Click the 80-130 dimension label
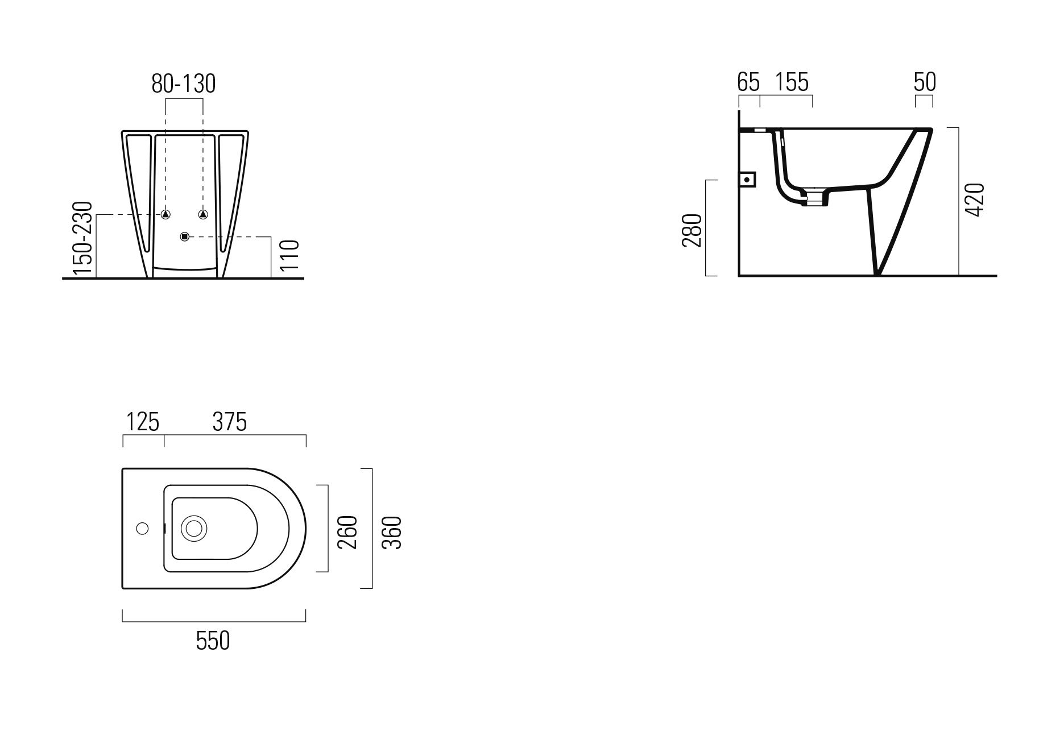tap(183, 84)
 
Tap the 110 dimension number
tap(289, 257)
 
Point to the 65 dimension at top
tap(748, 82)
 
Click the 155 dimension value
tap(792, 82)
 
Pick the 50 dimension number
tap(925, 82)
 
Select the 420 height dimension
tap(975, 200)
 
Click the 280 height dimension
tap(692, 230)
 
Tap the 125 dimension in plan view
tap(142, 422)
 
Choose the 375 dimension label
tap(230, 422)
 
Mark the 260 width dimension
tap(347, 532)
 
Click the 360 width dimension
tap(392, 532)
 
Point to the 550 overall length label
tap(213, 641)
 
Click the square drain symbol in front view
tap(184, 236)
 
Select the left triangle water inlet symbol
tap(165, 214)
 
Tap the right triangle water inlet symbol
tap(203, 214)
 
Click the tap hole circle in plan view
tap(142, 529)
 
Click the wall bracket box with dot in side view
tap(748, 180)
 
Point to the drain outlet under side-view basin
tap(815, 198)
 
